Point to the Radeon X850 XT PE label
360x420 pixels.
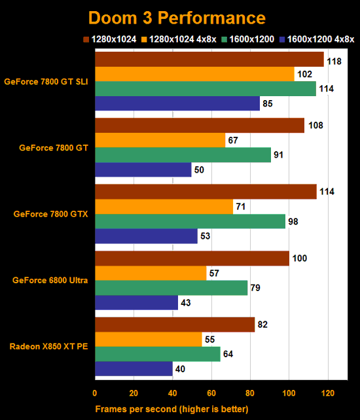49,346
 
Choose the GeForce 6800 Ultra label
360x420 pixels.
50,280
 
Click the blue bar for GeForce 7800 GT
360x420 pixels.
143,170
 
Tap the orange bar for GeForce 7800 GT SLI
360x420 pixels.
194,75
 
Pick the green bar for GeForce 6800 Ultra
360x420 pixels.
171,288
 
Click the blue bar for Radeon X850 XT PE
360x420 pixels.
134,368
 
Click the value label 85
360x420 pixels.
267,103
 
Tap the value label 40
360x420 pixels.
180,368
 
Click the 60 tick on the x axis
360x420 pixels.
211,393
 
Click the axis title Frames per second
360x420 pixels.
171,409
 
